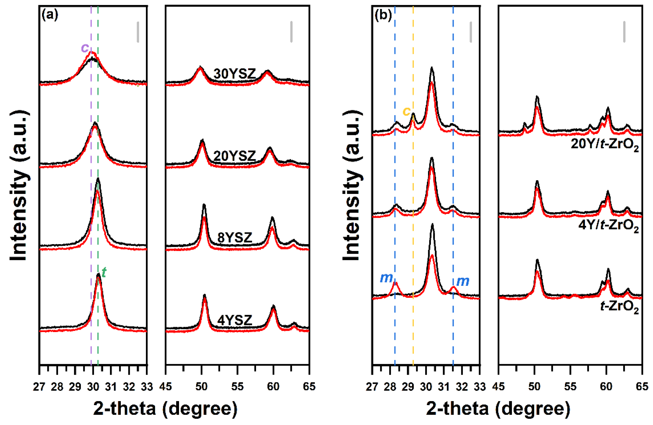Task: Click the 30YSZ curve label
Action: [234, 74]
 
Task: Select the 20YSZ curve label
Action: [234, 156]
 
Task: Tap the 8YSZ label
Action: [234, 238]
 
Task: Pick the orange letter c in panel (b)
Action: [406, 111]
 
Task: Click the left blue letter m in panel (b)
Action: [386, 278]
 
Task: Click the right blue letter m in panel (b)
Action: [463, 281]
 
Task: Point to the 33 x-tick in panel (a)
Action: [147, 387]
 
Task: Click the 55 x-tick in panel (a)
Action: [237, 387]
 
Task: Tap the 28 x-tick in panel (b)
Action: [390, 387]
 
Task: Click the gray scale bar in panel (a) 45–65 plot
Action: [291, 32]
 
